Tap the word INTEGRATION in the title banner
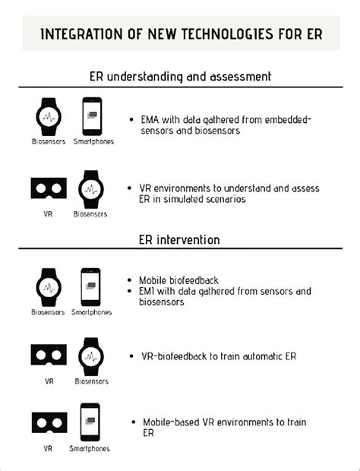[82, 34]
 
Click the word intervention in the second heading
[188, 240]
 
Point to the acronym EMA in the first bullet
[150, 120]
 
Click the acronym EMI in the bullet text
[147, 291]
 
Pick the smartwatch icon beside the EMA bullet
[49, 116]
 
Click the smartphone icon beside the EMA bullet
[92, 116]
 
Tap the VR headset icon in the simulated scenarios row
[49, 188]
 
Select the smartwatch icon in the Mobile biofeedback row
[49, 287]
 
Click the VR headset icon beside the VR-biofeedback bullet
[49, 356]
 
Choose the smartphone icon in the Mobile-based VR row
[90, 422]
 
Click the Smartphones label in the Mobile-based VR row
[90, 448]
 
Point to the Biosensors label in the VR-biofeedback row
[92, 381]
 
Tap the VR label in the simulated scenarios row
[48, 214]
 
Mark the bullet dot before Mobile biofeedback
[129, 280]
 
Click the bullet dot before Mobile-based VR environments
[134, 422]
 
